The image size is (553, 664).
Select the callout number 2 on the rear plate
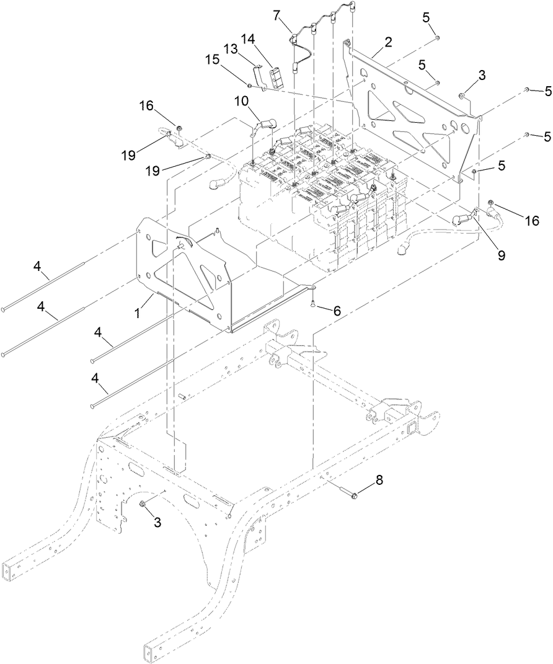(388, 42)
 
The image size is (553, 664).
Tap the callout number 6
(337, 311)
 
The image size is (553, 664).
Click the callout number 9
(500, 254)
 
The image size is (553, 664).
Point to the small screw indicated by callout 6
(314, 303)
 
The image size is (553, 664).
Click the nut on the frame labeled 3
(143, 505)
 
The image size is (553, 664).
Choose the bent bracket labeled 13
(261, 80)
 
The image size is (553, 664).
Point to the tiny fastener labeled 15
(249, 85)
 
